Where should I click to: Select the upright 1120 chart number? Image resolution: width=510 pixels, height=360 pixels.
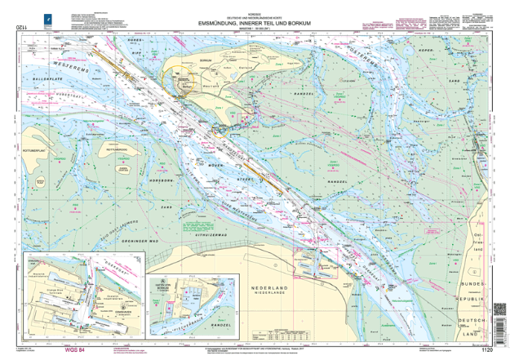tap(487, 349)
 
